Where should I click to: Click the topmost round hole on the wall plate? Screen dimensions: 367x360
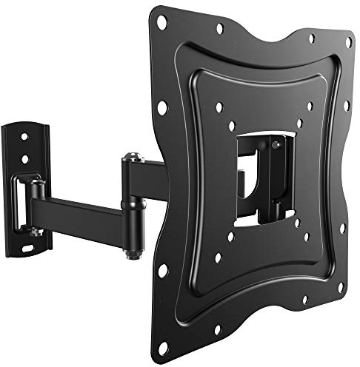pos(24,137)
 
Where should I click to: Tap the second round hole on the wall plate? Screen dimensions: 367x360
pos(24,158)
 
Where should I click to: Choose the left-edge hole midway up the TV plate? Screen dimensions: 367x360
pos(161,107)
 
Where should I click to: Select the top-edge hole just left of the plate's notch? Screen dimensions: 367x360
pos(220,30)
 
